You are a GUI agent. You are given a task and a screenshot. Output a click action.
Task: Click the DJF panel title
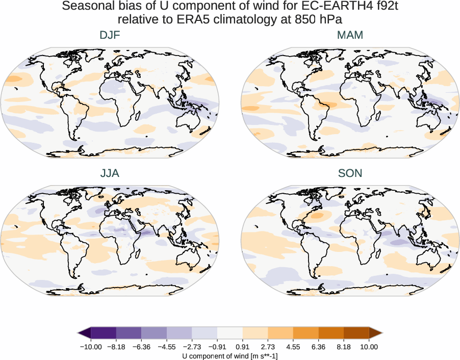[110, 35]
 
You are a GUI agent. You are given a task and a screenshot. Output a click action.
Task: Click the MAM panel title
[350, 35]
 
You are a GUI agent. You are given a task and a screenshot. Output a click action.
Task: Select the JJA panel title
[110, 173]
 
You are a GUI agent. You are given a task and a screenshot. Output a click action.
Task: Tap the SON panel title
[350, 173]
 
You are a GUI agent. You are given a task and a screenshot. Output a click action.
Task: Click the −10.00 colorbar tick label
[91, 347]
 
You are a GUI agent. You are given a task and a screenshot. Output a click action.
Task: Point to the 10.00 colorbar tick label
[369, 347]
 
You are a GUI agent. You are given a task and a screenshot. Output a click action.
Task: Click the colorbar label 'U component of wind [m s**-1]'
[230, 355]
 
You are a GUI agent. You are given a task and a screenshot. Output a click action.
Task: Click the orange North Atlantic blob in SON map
[317, 216]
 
